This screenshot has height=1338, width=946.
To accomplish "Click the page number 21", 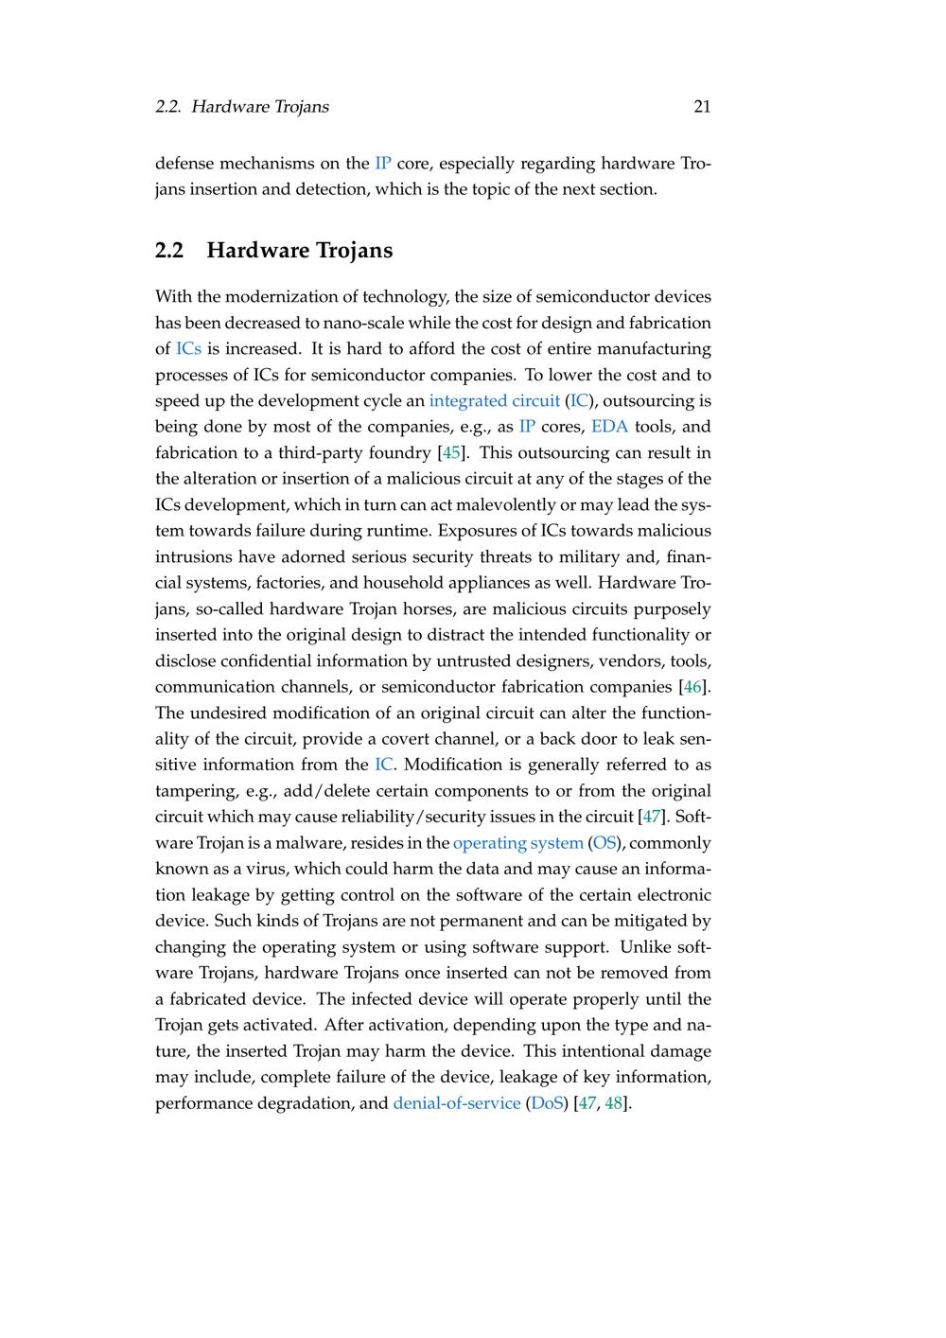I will pyautogui.click(x=702, y=107).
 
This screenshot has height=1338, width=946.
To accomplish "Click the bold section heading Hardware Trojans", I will pyautogui.click(x=299, y=251).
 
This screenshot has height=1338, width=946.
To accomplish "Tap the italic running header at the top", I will pyautogui.click(x=242, y=107).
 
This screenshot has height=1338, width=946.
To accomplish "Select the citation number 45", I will pyautogui.click(x=451, y=453).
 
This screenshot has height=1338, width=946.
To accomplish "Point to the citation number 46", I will pyautogui.click(x=692, y=687).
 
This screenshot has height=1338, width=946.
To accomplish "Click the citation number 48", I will pyautogui.click(x=614, y=1103).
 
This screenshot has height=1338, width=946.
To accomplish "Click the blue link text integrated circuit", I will pyautogui.click(x=494, y=401).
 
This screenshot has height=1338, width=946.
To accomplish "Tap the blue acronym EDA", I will pyautogui.click(x=609, y=427).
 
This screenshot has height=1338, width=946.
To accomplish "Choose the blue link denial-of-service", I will pyautogui.click(x=457, y=1103).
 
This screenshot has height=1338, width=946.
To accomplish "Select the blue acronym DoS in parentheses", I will pyautogui.click(x=547, y=1103).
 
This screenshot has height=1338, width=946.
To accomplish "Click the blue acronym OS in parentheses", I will pyautogui.click(x=604, y=843).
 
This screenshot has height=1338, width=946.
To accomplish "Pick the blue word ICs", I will pyautogui.click(x=189, y=349).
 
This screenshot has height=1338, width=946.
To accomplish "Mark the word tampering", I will pyautogui.click(x=192, y=791).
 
